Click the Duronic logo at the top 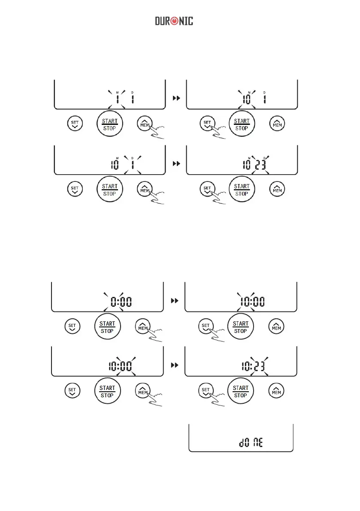tap(174, 21)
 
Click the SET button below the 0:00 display tap(72, 327)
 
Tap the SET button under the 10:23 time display tap(206, 391)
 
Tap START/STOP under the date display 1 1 tap(110, 124)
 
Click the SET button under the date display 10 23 tap(207, 189)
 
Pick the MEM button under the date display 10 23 tap(277, 189)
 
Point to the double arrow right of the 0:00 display tap(174, 302)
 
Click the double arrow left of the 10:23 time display tap(174, 365)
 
